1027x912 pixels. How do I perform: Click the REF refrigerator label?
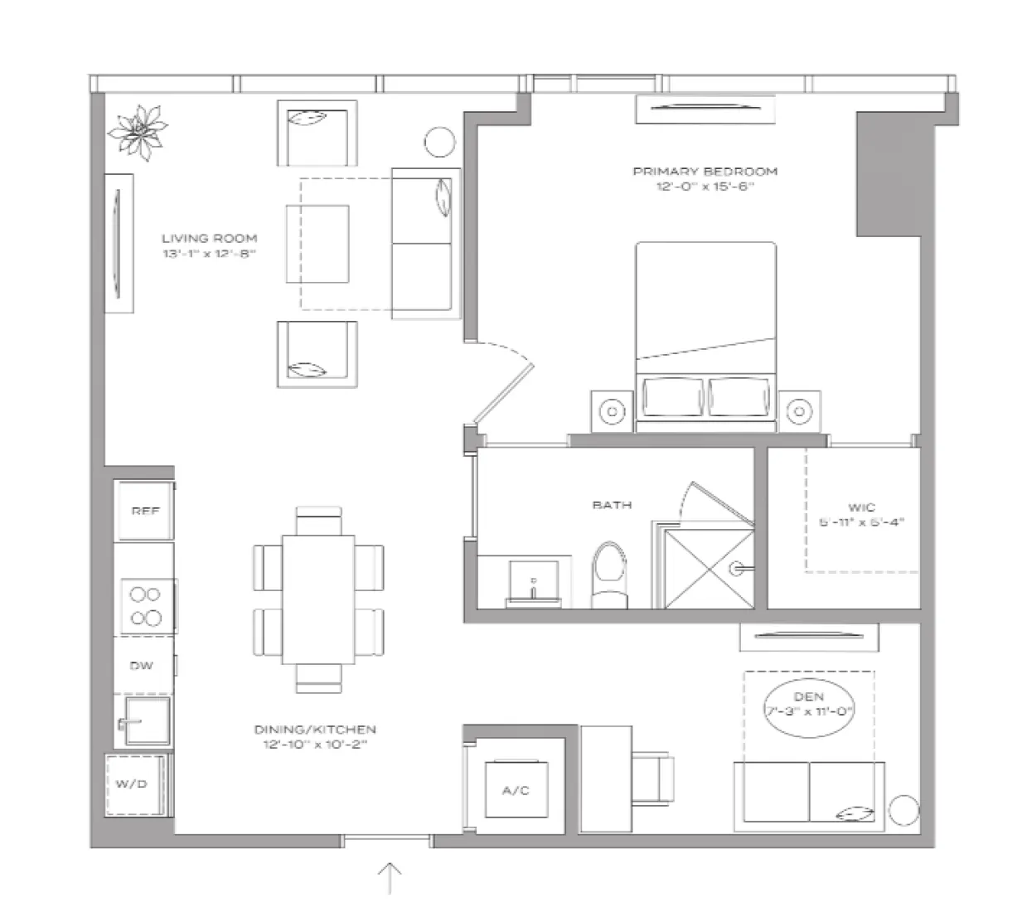tap(144, 512)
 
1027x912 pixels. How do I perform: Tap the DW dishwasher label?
tap(142, 666)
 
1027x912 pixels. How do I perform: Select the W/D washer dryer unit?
tap(133, 784)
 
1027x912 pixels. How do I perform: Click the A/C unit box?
tap(516, 790)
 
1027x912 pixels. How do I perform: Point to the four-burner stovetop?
tap(145, 605)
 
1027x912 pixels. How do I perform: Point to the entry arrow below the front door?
tap(390, 877)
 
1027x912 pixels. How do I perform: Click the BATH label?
tap(612, 504)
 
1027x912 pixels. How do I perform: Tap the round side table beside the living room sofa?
tap(439, 142)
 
